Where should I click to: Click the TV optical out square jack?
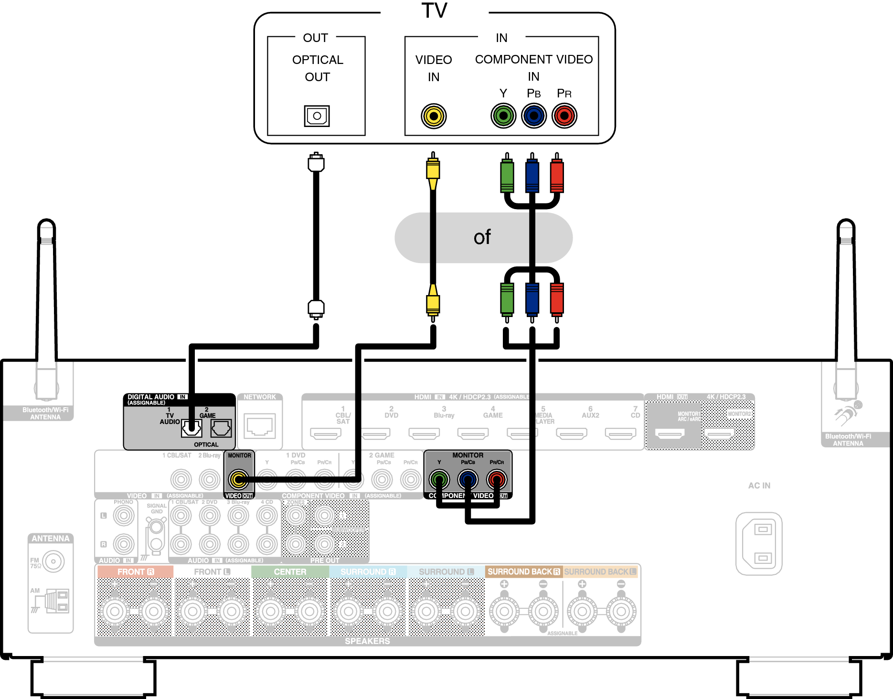click(x=317, y=116)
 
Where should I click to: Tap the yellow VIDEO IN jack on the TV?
click(x=434, y=116)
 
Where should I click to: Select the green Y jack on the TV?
click(x=503, y=116)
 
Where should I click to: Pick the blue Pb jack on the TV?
click(x=534, y=116)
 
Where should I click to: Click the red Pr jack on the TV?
click(x=564, y=116)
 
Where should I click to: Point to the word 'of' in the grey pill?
click(x=482, y=237)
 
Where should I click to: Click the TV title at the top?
click(x=434, y=11)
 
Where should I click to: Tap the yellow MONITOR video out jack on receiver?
click(x=238, y=479)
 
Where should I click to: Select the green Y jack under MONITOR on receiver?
click(x=439, y=479)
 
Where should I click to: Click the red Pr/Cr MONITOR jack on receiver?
click(x=497, y=479)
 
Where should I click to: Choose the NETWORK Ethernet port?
click(x=260, y=425)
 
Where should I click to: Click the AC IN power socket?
click(x=759, y=543)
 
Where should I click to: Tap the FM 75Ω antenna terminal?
click(x=53, y=561)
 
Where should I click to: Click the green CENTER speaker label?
click(x=290, y=572)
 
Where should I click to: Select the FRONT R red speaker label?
click(x=136, y=572)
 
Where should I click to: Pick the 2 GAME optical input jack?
click(x=221, y=428)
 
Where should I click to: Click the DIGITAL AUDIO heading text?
click(x=151, y=397)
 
